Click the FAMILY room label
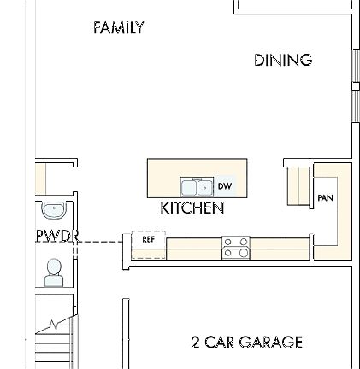tap(117, 26)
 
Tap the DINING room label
tap(282, 60)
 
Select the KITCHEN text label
tap(192, 208)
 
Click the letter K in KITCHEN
tap(163, 208)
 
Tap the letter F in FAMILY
tap(96, 26)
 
